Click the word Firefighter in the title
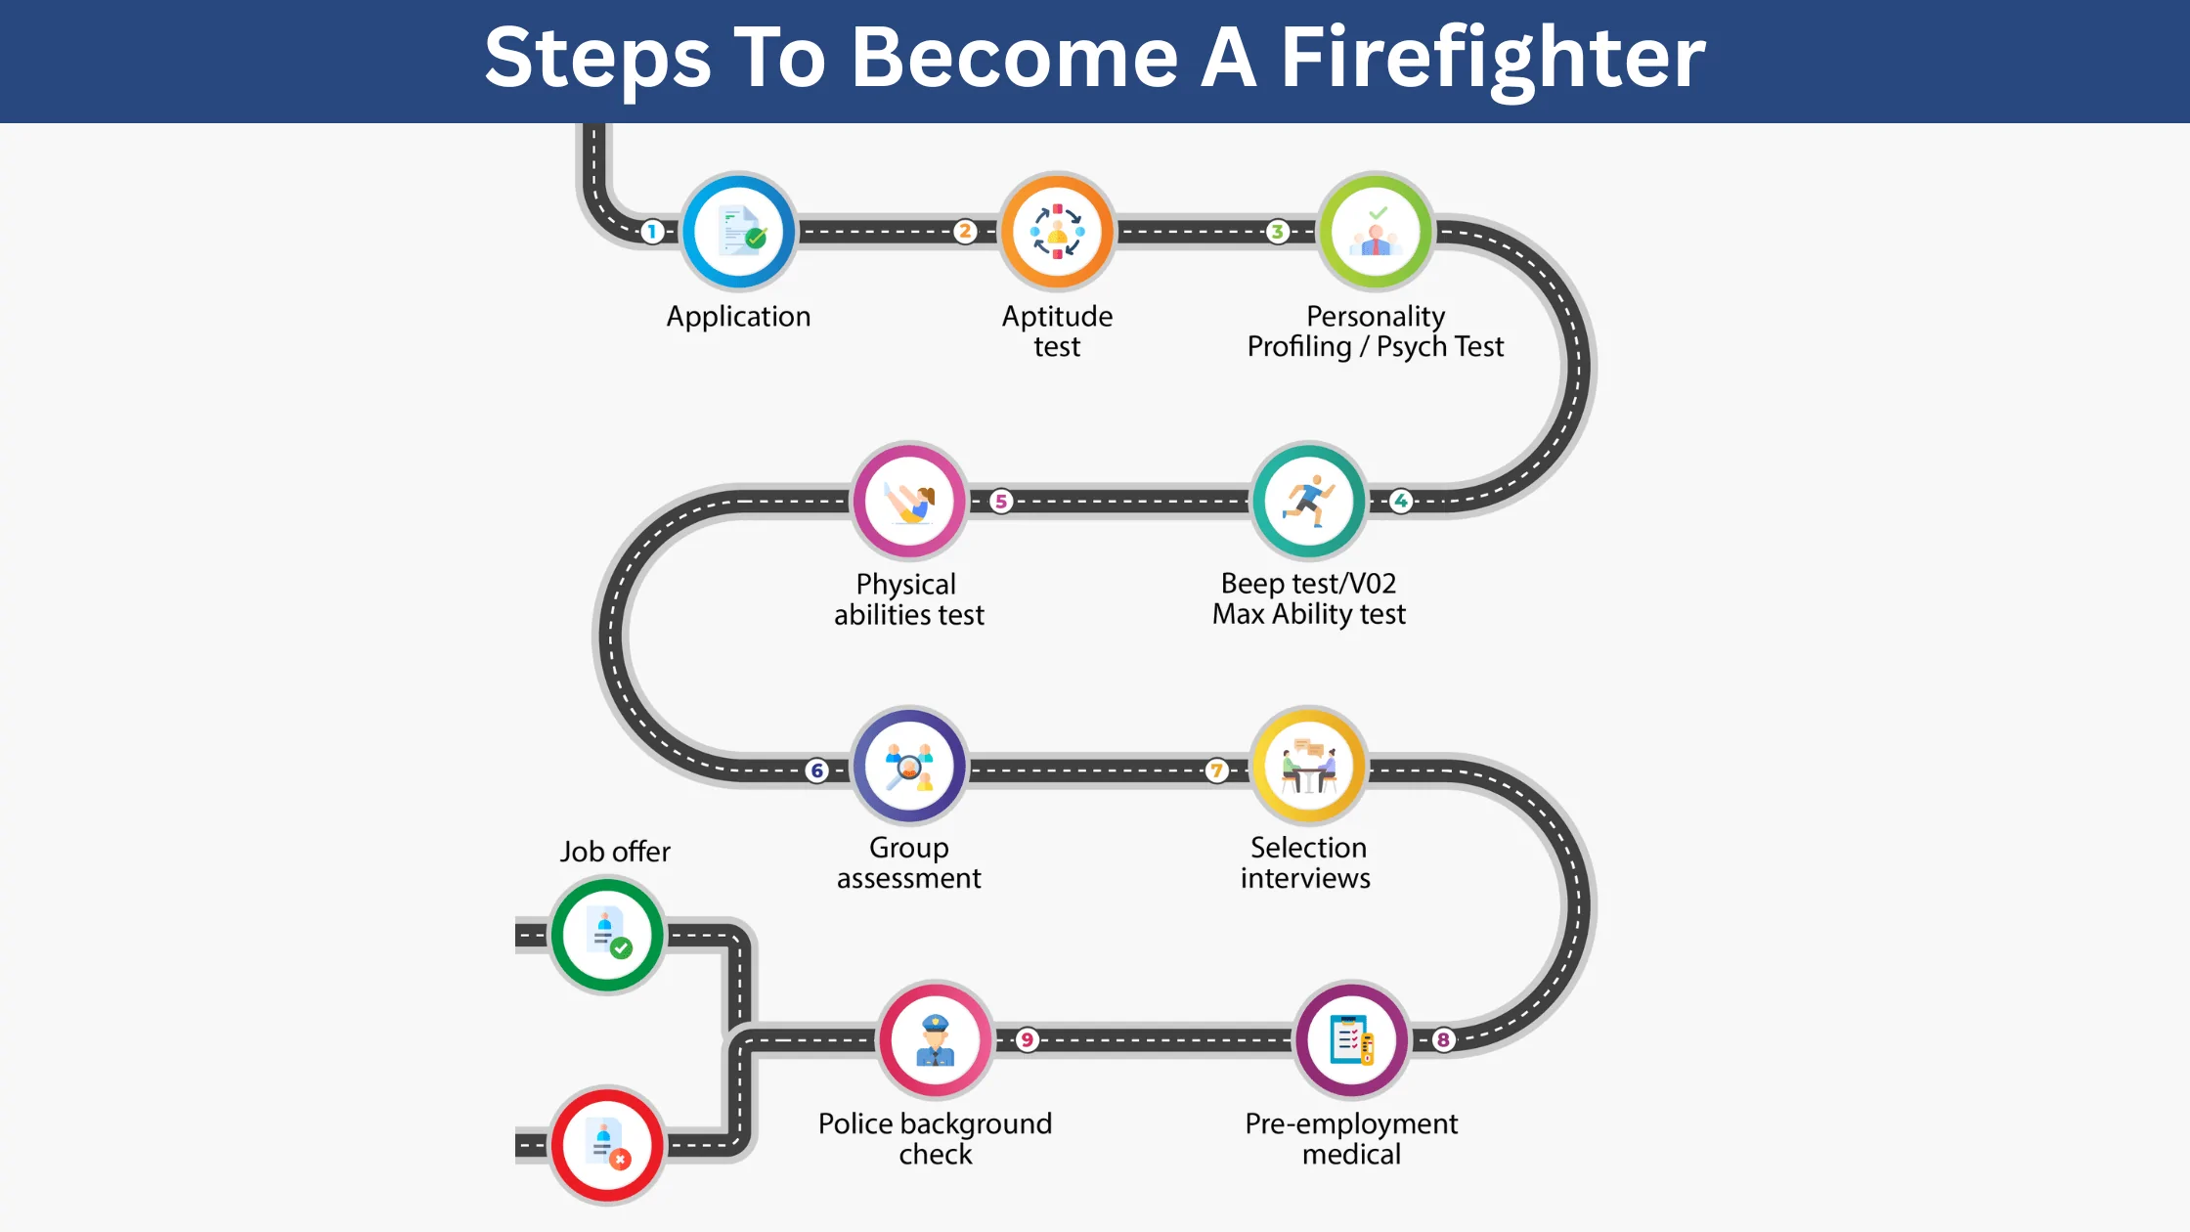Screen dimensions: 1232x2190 click(1492, 59)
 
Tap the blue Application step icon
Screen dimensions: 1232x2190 click(739, 233)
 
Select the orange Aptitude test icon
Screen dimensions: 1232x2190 click(1057, 233)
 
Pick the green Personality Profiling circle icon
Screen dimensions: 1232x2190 click(1376, 233)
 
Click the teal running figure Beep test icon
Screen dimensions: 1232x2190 click(1309, 501)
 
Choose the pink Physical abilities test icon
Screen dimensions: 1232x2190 click(909, 501)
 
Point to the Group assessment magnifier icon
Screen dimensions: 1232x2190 click(909, 768)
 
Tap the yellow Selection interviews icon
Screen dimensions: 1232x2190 click(1309, 768)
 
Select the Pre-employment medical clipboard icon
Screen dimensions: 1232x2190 click(1352, 1040)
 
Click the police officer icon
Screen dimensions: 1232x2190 click(936, 1040)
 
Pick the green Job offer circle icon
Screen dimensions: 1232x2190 click(607, 935)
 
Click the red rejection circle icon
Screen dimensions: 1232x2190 click(607, 1145)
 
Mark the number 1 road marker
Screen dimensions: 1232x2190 click(652, 232)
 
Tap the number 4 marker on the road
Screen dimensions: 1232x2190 click(1401, 501)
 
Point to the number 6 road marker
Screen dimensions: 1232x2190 click(817, 770)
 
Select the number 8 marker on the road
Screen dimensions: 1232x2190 click(1443, 1039)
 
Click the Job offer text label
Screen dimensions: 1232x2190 click(615, 852)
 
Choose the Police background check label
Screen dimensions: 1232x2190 click(936, 1138)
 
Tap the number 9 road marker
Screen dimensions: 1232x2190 click(1027, 1039)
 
